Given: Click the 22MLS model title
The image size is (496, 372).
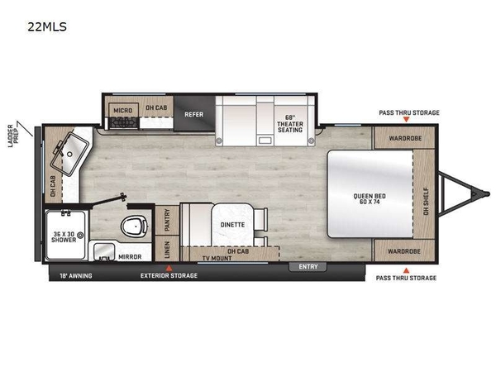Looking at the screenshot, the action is pyautogui.click(x=47, y=26).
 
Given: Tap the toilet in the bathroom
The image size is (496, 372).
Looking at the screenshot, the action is pyautogui.click(x=135, y=227).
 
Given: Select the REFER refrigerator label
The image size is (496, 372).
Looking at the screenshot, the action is pyautogui.click(x=194, y=114).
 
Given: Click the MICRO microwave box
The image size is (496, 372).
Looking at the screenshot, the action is pyautogui.click(x=123, y=110).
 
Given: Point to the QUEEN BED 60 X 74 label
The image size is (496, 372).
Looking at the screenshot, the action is pyautogui.click(x=370, y=198).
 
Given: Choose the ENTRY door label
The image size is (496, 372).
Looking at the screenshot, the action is pyautogui.click(x=308, y=267).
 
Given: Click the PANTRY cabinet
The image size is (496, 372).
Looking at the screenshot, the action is pyautogui.click(x=167, y=220).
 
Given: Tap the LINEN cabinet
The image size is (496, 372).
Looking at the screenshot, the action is pyautogui.click(x=167, y=249).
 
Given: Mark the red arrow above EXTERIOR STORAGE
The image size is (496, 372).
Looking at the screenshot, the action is pyautogui.click(x=169, y=268).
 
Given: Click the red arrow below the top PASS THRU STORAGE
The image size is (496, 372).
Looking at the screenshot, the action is pyautogui.click(x=407, y=119).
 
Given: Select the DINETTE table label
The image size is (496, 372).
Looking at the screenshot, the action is pyautogui.click(x=232, y=225).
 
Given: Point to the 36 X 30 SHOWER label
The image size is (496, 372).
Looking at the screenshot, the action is pyautogui.click(x=64, y=237).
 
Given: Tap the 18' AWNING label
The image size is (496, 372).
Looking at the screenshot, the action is pyautogui.click(x=76, y=276).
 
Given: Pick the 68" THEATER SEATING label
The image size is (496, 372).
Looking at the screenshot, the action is pyautogui.click(x=290, y=124).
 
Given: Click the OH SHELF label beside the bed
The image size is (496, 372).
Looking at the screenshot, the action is pyautogui.click(x=426, y=202).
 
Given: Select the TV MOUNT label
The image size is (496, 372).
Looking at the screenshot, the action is pyautogui.click(x=217, y=259).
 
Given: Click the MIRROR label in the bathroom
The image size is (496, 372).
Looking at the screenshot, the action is pyautogui.click(x=130, y=257).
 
